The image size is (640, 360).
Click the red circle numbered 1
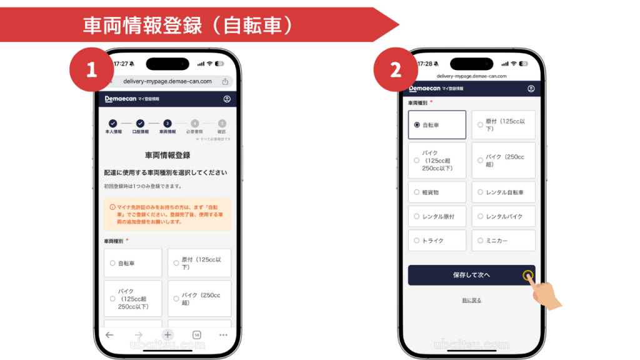tap(91, 70)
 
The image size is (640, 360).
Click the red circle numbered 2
tap(395, 70)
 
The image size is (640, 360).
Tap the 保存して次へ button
tap(471, 275)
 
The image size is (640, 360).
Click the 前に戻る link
tap(471, 301)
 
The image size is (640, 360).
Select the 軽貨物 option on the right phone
tap(437, 192)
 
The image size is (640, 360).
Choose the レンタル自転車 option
tap(503, 192)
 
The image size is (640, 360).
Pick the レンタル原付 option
tap(437, 216)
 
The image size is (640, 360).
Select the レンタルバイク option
tap(503, 216)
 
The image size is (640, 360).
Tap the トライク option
tap(437, 240)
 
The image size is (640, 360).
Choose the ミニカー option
tap(503, 240)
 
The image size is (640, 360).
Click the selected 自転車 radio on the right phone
tap(417, 125)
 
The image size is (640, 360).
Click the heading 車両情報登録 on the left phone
tap(167, 155)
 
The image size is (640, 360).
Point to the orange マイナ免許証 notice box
tap(167, 214)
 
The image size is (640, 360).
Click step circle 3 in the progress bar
tap(167, 124)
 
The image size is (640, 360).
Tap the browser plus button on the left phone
tap(167, 335)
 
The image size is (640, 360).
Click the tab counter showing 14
tap(196, 335)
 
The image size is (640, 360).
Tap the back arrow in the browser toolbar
tap(110, 335)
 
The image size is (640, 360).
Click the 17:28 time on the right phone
tap(427, 64)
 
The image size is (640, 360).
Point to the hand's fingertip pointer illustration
tap(529, 276)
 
